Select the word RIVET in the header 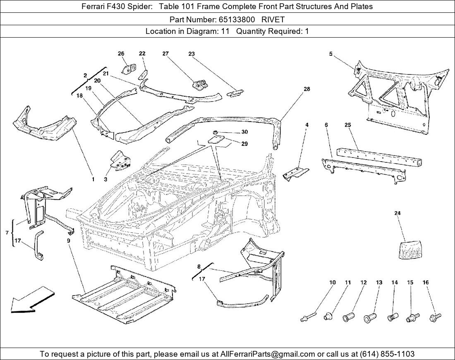coord(273,19)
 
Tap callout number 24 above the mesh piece coord(397,213)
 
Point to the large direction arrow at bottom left coord(31,300)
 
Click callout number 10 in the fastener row coord(332,282)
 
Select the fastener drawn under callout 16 coord(435,317)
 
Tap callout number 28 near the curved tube coord(307,89)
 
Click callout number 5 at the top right coord(331,54)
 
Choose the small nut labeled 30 coord(216,132)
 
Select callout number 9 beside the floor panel coord(68,240)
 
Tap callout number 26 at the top coord(121,54)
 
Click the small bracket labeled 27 coord(200,85)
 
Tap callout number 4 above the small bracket coord(307,124)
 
